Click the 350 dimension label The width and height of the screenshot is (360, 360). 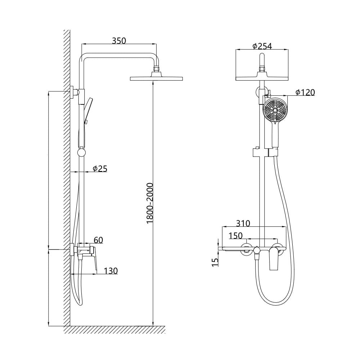[119, 41]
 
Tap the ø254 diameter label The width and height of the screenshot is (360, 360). [262, 46]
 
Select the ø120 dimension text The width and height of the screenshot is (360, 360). [305, 92]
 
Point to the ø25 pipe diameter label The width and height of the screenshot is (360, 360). [100, 169]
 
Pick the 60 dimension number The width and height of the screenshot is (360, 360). [99, 240]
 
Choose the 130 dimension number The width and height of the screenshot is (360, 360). [111, 271]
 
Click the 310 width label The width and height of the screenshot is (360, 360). [243, 223]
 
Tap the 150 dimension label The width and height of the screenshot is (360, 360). [235, 235]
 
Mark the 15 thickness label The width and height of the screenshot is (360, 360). [215, 262]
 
